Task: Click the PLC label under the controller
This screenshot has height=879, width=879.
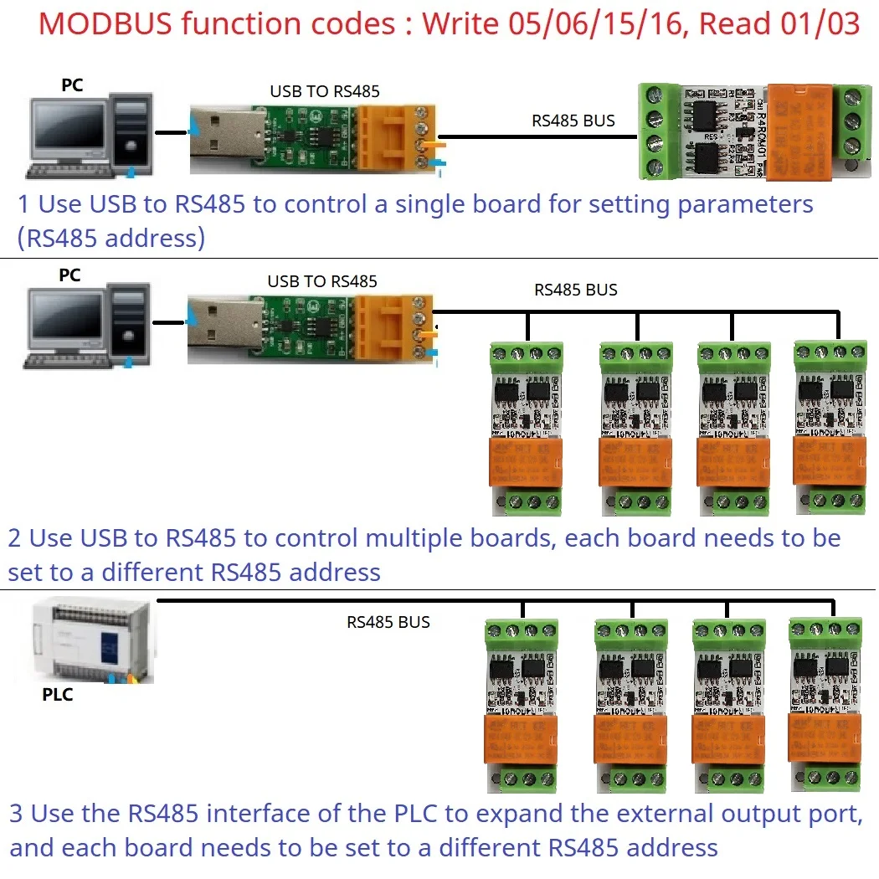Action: pos(58,694)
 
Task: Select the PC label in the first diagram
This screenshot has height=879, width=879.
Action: pos(72,85)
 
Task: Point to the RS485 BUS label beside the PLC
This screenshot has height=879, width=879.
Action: pos(388,622)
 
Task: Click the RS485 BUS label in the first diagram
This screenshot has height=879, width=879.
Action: pos(573,121)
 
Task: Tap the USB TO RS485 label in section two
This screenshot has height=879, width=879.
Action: pos(322,281)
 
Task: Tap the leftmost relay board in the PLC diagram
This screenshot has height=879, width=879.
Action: pos(522,705)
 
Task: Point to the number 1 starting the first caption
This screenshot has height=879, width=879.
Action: pos(24,203)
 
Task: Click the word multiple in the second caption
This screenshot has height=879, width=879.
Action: pos(483,537)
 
